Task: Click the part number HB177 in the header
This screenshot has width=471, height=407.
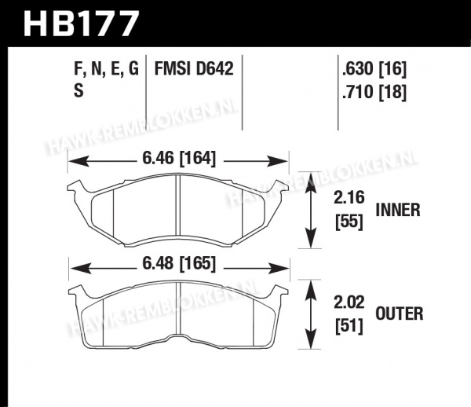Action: pos(82,24)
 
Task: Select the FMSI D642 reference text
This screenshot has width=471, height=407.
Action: pos(194,68)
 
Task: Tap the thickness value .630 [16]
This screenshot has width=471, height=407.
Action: pos(374,69)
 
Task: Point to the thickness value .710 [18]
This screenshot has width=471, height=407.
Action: pos(374,92)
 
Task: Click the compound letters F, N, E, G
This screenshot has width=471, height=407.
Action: pos(106,69)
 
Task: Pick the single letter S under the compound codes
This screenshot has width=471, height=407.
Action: pos(78,91)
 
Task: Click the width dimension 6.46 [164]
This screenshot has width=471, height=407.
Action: pos(179,159)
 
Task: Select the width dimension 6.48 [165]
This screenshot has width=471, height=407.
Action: pos(179,264)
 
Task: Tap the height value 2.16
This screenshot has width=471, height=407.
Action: pos(349,198)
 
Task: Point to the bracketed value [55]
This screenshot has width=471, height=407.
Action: pos(349,222)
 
